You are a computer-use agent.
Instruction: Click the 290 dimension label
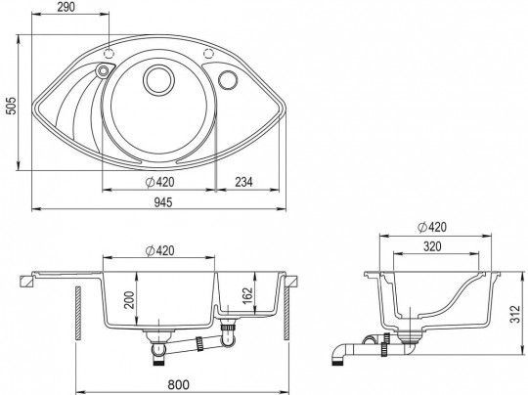click(x=66, y=7)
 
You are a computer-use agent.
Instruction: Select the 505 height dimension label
click(x=12, y=106)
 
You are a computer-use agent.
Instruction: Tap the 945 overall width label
click(x=163, y=202)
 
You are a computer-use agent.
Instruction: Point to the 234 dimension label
click(x=243, y=182)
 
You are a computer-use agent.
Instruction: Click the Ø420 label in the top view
click(x=159, y=182)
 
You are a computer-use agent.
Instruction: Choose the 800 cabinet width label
click(x=179, y=384)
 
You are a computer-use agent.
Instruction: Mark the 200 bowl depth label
click(x=130, y=300)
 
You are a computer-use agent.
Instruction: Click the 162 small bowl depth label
click(x=247, y=295)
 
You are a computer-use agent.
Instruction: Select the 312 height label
click(x=514, y=314)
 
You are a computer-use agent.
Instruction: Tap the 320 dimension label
click(x=432, y=246)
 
